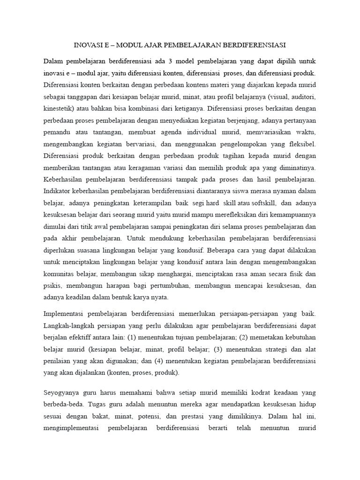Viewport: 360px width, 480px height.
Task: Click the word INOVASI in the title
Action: tap(88, 45)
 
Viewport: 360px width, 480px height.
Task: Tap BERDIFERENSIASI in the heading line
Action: tap(255, 45)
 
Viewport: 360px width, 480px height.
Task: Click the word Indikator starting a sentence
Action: tap(59, 191)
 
